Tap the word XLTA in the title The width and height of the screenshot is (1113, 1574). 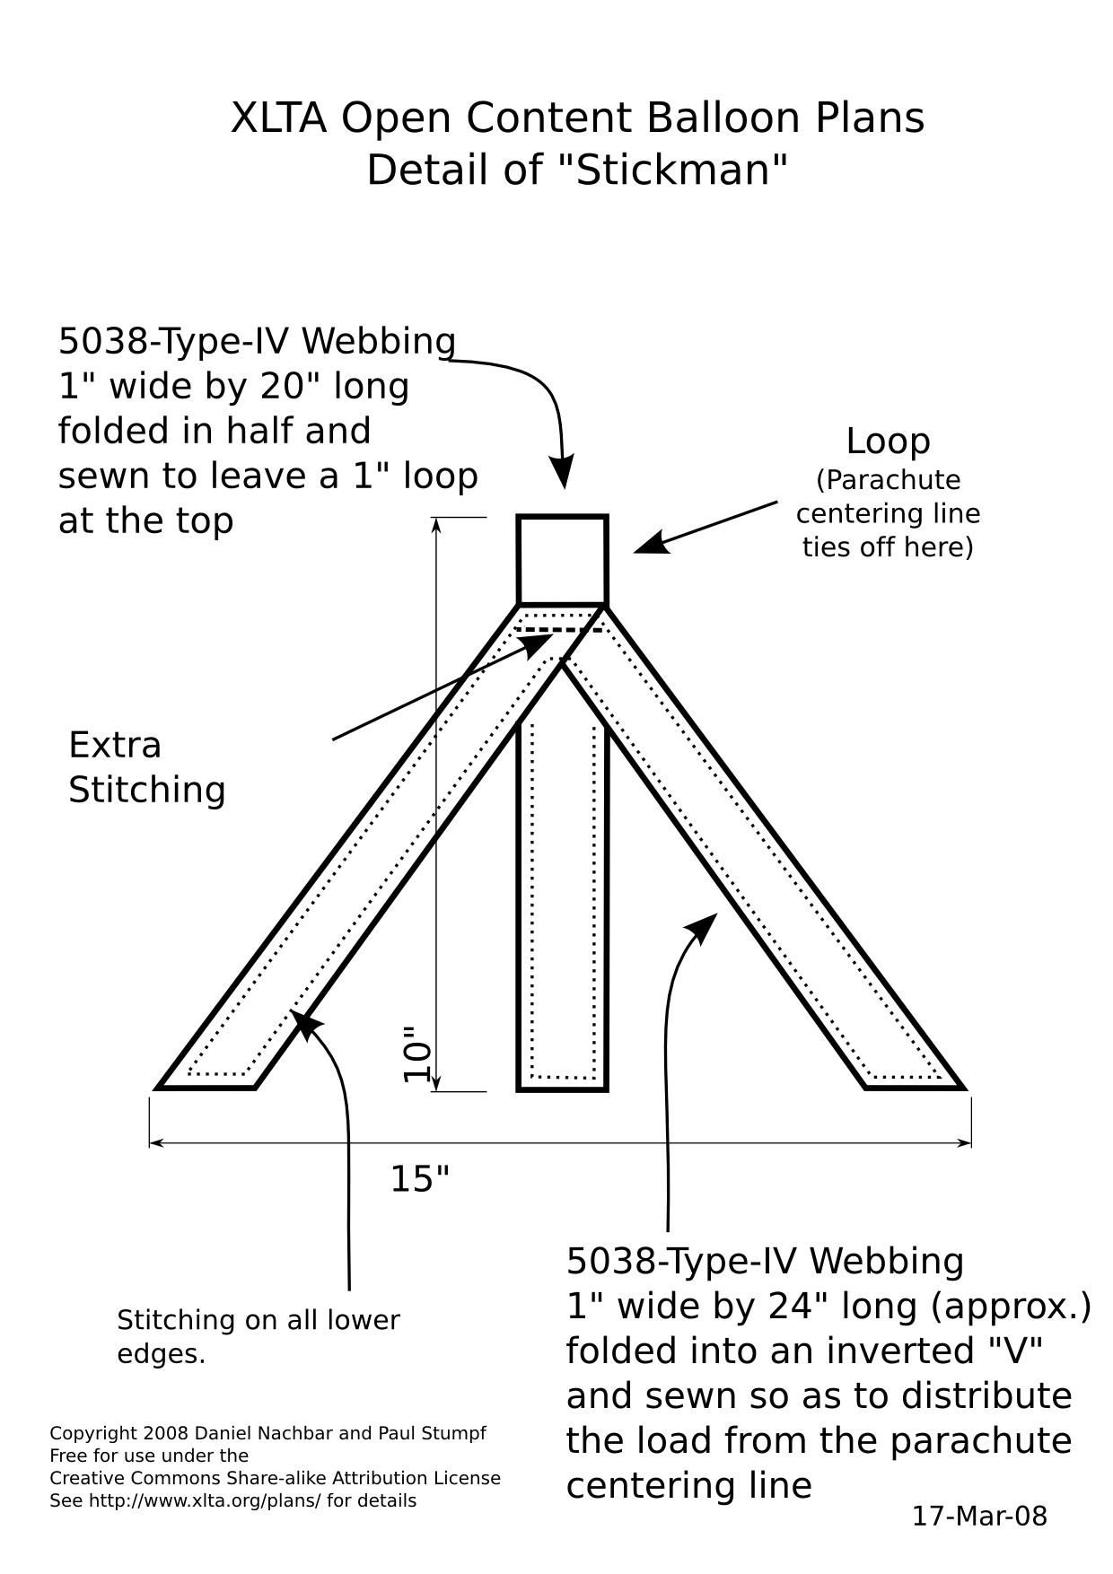tap(278, 118)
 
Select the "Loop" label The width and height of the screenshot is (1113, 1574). tap(888, 442)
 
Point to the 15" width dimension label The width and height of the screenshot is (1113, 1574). tap(419, 1178)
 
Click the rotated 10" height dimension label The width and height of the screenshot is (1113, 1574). tap(416, 1054)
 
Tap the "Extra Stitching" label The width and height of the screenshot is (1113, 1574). tap(147, 767)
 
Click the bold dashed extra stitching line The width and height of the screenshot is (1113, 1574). tap(557, 631)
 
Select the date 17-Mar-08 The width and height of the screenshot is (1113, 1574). tap(979, 1516)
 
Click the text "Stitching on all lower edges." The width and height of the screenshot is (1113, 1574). tap(259, 1336)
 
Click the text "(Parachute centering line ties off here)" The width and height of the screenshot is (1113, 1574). tap(888, 513)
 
